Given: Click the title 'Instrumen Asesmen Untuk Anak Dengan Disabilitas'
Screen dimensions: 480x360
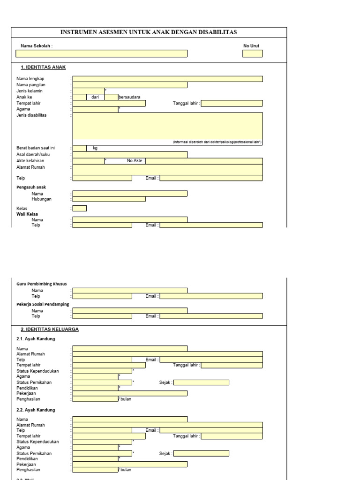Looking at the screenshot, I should click(x=149, y=32).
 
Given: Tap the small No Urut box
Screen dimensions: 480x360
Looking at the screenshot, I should click(x=252, y=53).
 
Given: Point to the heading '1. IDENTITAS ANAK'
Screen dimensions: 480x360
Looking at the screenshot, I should click(x=46, y=67).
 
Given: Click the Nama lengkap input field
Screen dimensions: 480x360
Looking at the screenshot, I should click(x=167, y=79).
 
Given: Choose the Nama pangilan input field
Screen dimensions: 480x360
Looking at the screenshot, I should click(x=130, y=85).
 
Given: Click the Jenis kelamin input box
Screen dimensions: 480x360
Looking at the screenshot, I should click(x=88, y=91).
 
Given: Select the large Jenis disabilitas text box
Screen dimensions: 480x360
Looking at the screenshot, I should click(x=167, y=126).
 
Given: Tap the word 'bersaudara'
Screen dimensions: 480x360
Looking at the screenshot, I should click(x=129, y=97).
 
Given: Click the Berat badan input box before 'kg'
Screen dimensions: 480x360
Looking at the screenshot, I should click(x=79, y=148).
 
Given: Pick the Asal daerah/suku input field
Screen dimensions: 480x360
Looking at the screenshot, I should click(x=130, y=154).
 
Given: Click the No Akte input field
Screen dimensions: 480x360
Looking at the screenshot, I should click(x=204, y=161).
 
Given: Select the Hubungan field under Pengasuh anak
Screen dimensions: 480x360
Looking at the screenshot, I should click(x=109, y=199).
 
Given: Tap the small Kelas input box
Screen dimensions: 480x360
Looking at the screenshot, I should click(x=79, y=209).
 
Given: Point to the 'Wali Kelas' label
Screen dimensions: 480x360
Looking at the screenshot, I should click(x=27, y=214).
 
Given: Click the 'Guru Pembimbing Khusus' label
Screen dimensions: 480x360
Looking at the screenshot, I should click(x=42, y=284).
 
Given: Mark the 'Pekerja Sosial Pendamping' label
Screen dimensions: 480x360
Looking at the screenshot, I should click(x=43, y=304).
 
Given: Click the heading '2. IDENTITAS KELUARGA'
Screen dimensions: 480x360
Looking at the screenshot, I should click(x=50, y=330).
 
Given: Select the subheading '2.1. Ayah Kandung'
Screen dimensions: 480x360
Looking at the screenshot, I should click(x=36, y=339).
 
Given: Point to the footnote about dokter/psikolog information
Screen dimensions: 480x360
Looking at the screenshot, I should click(x=217, y=142).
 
